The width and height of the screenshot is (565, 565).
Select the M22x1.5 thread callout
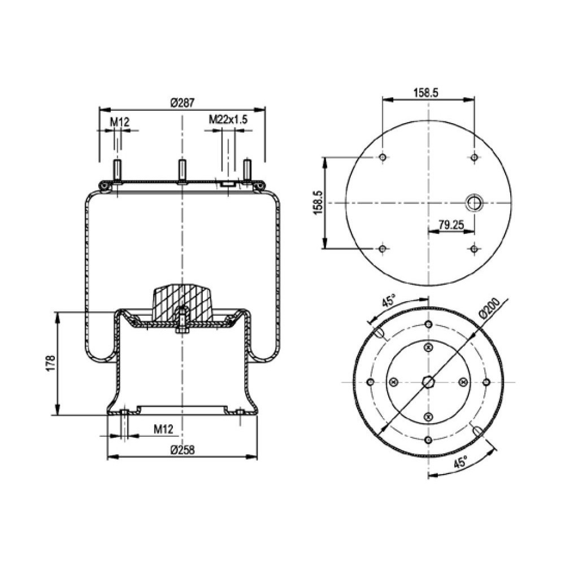coord(228,119)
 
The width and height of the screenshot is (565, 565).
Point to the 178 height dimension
coord(50,363)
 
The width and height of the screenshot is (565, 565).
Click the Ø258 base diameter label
coord(182,450)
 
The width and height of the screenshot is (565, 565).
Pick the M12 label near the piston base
coord(163,430)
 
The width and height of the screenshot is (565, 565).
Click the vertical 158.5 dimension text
coord(318,202)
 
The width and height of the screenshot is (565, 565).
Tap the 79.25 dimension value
coord(451,225)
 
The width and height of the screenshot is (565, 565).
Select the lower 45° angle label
coord(460,462)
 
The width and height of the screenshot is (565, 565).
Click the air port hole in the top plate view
coord(473,202)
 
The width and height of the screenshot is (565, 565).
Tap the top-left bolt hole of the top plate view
coord(383,157)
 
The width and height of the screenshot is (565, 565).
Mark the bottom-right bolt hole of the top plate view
coord(474,248)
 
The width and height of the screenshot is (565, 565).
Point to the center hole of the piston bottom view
coord(428,382)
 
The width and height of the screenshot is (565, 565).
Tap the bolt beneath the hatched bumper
coord(182,322)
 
